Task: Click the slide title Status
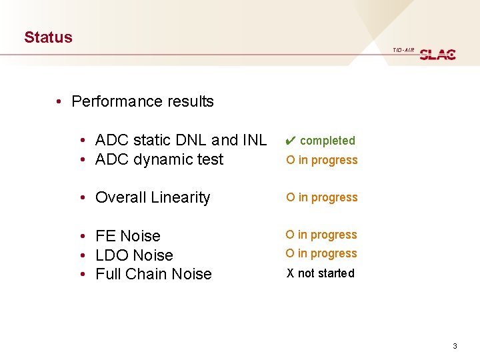[48, 37]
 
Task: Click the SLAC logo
[437, 54]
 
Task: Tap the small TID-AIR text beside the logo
[403, 50]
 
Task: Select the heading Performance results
[142, 101]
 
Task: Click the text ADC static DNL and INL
[181, 140]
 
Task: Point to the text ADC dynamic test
[159, 159]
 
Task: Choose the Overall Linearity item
[153, 197]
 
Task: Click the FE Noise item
[128, 236]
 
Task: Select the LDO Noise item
[134, 255]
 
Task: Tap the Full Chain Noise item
[153, 274]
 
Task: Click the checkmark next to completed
[290, 141]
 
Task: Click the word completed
[327, 141]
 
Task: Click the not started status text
[327, 273]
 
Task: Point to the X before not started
[290, 273]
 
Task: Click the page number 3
[455, 346]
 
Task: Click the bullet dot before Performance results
[59, 102]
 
